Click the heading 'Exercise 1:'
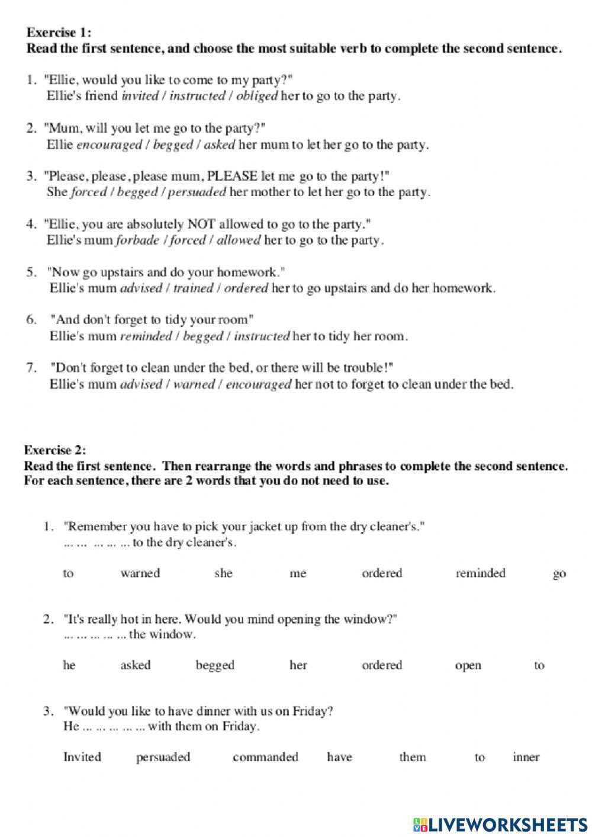[59, 33]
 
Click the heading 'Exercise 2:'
[55, 450]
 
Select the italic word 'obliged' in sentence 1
[256, 96]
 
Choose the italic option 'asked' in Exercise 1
[219, 145]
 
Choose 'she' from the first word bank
[223, 573]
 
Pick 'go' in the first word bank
[559, 574]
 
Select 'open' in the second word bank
[468, 666]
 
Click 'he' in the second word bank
[69, 665]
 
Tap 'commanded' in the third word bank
[265, 757]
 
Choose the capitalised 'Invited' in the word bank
[82, 757]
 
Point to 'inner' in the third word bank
[526, 757]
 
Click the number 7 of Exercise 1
[32, 368]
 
